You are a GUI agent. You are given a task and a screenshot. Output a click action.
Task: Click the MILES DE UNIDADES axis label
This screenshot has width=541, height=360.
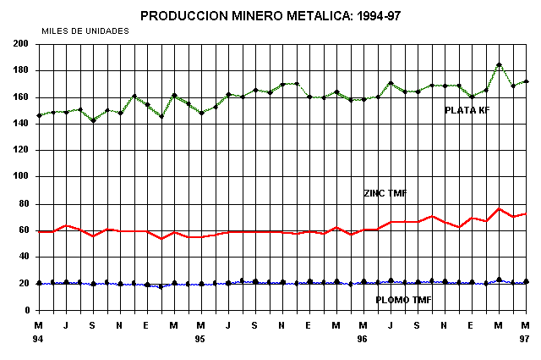pyautogui.click(x=85, y=30)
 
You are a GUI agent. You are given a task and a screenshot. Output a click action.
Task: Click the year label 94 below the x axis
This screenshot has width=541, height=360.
pyautogui.click(x=38, y=339)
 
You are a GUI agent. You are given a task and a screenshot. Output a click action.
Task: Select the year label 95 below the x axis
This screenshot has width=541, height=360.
pyautogui.click(x=200, y=339)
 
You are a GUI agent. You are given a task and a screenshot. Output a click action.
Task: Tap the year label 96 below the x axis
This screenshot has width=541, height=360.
pyautogui.click(x=363, y=339)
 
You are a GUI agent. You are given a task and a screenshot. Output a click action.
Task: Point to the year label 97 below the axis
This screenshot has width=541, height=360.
pyautogui.click(x=525, y=339)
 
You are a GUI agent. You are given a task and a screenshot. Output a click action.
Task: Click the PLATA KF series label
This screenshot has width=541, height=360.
pyautogui.click(x=467, y=110)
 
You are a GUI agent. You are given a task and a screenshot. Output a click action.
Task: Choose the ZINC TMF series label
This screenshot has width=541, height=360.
pyautogui.click(x=385, y=194)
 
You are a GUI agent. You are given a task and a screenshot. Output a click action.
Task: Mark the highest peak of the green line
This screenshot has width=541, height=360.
pyautogui.click(x=499, y=64)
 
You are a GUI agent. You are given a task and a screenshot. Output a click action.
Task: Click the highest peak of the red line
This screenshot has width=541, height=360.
pyautogui.click(x=499, y=208)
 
